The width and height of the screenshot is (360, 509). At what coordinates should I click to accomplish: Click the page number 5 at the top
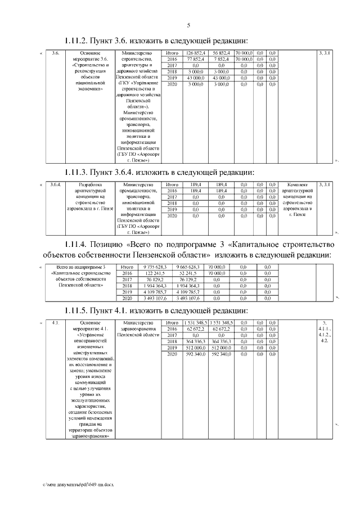coord(188,25)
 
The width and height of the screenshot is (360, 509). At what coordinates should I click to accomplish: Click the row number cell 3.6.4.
coord(55,184)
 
